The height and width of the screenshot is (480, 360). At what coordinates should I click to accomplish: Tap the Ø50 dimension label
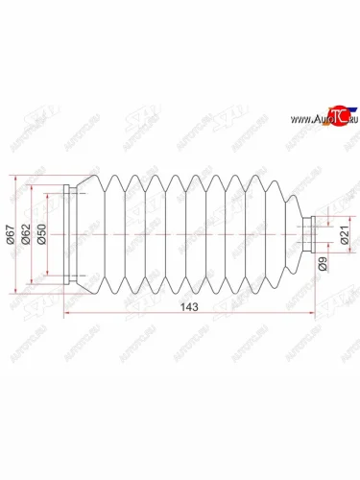click(x=43, y=236)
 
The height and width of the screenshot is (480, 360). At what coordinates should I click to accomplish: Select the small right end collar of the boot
click(x=310, y=235)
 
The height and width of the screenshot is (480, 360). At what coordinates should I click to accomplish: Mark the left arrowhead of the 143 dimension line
click(x=68, y=314)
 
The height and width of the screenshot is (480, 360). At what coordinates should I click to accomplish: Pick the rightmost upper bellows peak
click(x=284, y=184)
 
